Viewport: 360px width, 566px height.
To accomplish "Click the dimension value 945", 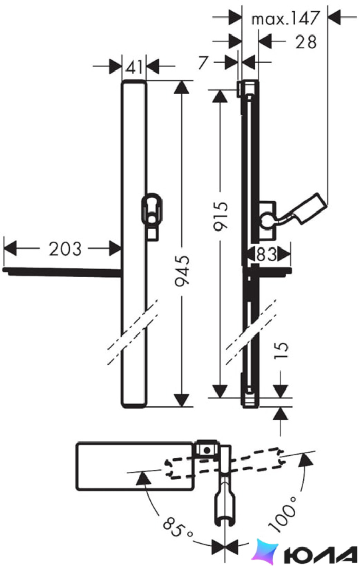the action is point(182,272).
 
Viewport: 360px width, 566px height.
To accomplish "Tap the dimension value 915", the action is point(221,217).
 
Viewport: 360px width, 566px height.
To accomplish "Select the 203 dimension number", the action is point(65,249).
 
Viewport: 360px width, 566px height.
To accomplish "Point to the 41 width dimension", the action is point(134,67).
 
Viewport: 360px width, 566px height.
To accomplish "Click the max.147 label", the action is point(286,18).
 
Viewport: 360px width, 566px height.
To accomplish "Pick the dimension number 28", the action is point(306,42).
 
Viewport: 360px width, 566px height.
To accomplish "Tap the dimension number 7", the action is point(204,62).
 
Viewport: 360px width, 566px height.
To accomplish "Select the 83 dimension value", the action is point(266,255).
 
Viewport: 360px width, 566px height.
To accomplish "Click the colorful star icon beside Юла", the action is point(265,553).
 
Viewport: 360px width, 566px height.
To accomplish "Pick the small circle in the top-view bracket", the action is point(207,450).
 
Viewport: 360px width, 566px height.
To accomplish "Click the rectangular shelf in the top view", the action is point(135,466).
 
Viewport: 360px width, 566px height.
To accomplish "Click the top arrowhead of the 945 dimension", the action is point(182,87).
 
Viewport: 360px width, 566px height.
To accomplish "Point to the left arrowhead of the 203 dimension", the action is point(10,249).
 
